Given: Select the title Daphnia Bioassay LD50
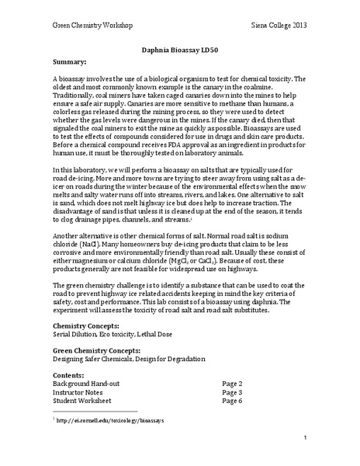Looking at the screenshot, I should click(x=179, y=48).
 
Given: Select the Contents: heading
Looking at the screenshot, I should click(x=71, y=374).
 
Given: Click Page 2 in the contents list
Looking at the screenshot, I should click(x=232, y=384).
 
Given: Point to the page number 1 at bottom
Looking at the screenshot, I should click(x=306, y=438).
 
